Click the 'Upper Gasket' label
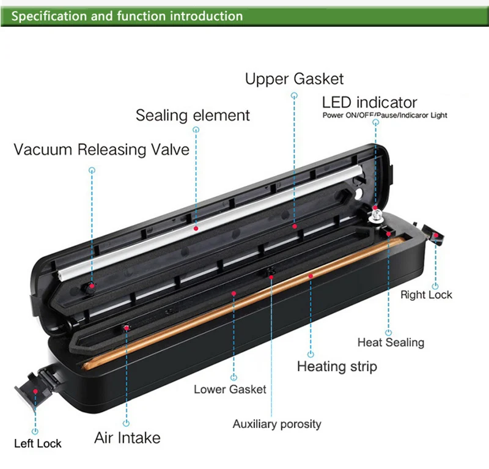294,79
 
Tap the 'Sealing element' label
193,115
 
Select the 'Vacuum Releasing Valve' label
101,149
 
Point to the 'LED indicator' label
369,102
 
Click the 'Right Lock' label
426,295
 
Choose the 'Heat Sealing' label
390,342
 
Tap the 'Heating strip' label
337,366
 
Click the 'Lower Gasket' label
230,389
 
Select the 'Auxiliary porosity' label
276,424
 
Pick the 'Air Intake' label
127,438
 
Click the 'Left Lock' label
38,443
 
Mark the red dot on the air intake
127,328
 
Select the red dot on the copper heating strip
311,276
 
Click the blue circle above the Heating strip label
311,353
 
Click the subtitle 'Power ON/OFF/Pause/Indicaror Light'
384,115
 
